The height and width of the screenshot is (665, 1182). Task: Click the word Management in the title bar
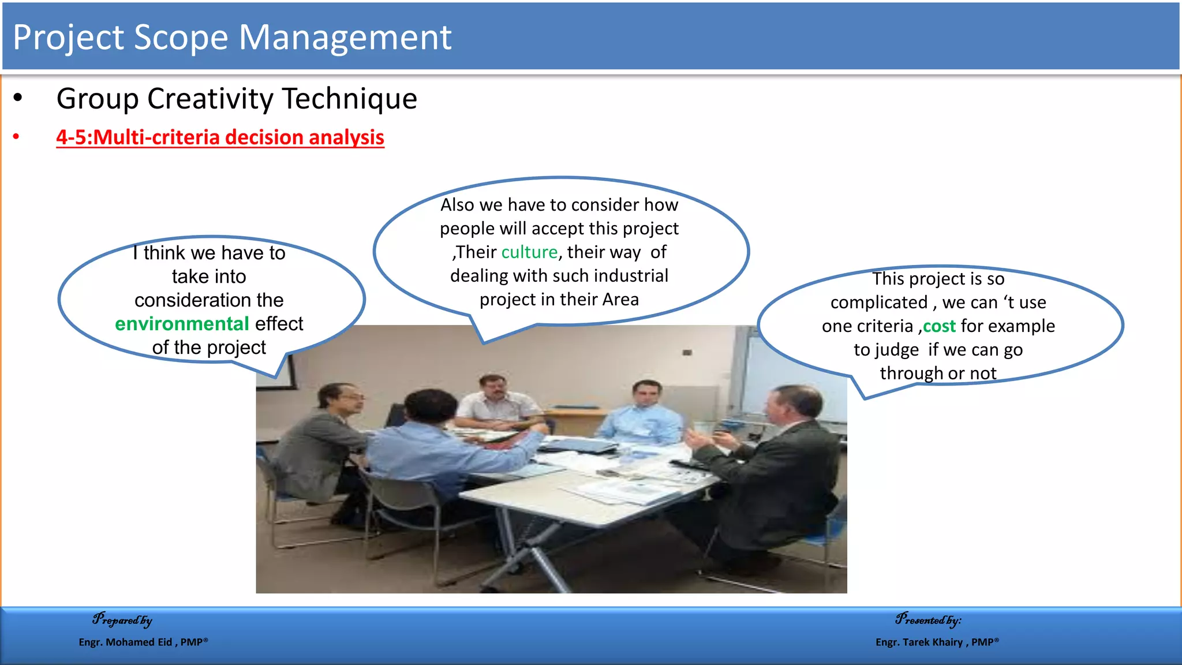pos(345,38)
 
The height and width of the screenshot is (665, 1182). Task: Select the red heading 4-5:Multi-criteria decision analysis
pos(220,137)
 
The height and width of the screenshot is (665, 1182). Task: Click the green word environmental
pos(182,324)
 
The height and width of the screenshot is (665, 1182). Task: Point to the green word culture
pos(529,252)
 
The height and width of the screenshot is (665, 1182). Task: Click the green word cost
pos(939,326)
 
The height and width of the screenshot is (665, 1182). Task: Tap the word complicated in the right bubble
pos(878,302)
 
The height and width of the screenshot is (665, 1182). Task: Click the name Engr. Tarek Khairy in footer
pos(919,642)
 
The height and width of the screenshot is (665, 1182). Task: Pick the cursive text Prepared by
pos(122,620)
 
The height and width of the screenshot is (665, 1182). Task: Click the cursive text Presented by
pos(927,620)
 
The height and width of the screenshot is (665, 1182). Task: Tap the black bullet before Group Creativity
pos(18,98)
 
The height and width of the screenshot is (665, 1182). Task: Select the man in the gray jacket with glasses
pos(323,444)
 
